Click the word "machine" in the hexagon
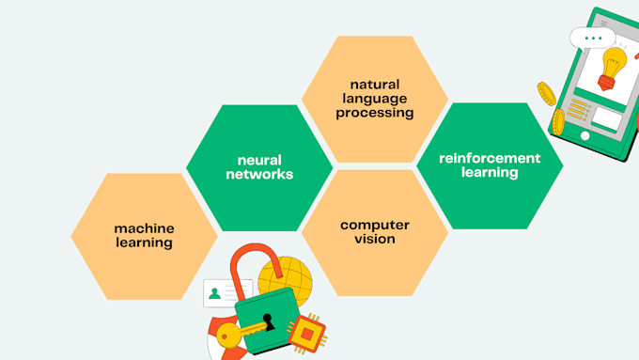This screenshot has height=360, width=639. click(x=144, y=227)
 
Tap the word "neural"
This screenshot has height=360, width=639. click(x=259, y=160)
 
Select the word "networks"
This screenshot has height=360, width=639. click(x=259, y=174)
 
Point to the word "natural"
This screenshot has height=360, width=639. click(x=375, y=84)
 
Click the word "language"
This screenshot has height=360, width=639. click(x=375, y=98)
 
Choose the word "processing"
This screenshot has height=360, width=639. click(x=375, y=113)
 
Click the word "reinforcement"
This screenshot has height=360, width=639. click(x=490, y=158)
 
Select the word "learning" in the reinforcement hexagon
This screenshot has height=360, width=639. click(x=490, y=173)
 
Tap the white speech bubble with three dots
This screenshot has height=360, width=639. click(x=592, y=39)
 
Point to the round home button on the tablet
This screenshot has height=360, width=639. click(x=584, y=135)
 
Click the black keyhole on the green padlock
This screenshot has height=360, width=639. click(x=268, y=321)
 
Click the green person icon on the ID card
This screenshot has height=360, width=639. click(x=215, y=293)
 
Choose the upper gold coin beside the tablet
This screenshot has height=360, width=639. click(x=546, y=92)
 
